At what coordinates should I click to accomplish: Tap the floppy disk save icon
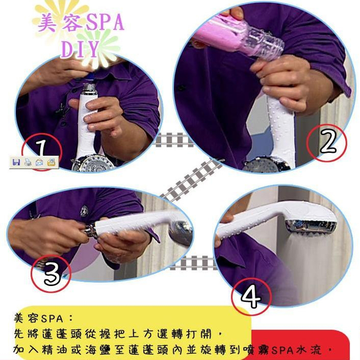point(16,163)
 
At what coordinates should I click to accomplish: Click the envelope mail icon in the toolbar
point(39,163)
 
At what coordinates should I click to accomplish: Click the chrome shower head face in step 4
point(311,226)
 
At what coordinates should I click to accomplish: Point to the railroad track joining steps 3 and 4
point(193,263)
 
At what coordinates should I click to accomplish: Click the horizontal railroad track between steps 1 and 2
point(173,140)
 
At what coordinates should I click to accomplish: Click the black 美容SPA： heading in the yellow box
point(43,318)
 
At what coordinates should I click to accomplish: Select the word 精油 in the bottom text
point(56,350)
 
